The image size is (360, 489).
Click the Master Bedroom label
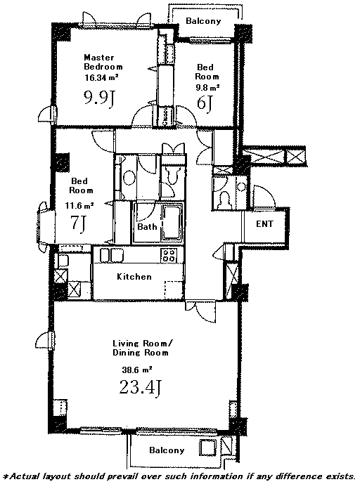click(x=103, y=62)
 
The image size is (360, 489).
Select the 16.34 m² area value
click(x=101, y=78)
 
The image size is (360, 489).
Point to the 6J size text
click(x=205, y=103)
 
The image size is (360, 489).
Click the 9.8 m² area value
click(x=207, y=87)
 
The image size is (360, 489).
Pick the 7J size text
click(x=78, y=223)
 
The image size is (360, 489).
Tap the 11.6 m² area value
click(x=79, y=206)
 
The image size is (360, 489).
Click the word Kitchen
click(x=134, y=277)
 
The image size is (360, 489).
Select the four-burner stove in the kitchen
click(x=169, y=256)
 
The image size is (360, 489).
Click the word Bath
click(x=147, y=226)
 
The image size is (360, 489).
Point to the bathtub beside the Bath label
click(x=172, y=223)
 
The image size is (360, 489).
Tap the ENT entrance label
click(x=264, y=224)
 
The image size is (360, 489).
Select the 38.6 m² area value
click(x=136, y=370)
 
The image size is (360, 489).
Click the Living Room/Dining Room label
click(x=142, y=348)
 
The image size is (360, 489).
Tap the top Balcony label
click(x=203, y=21)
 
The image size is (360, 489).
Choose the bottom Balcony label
click(x=167, y=450)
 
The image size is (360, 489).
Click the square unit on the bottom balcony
click(x=207, y=448)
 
